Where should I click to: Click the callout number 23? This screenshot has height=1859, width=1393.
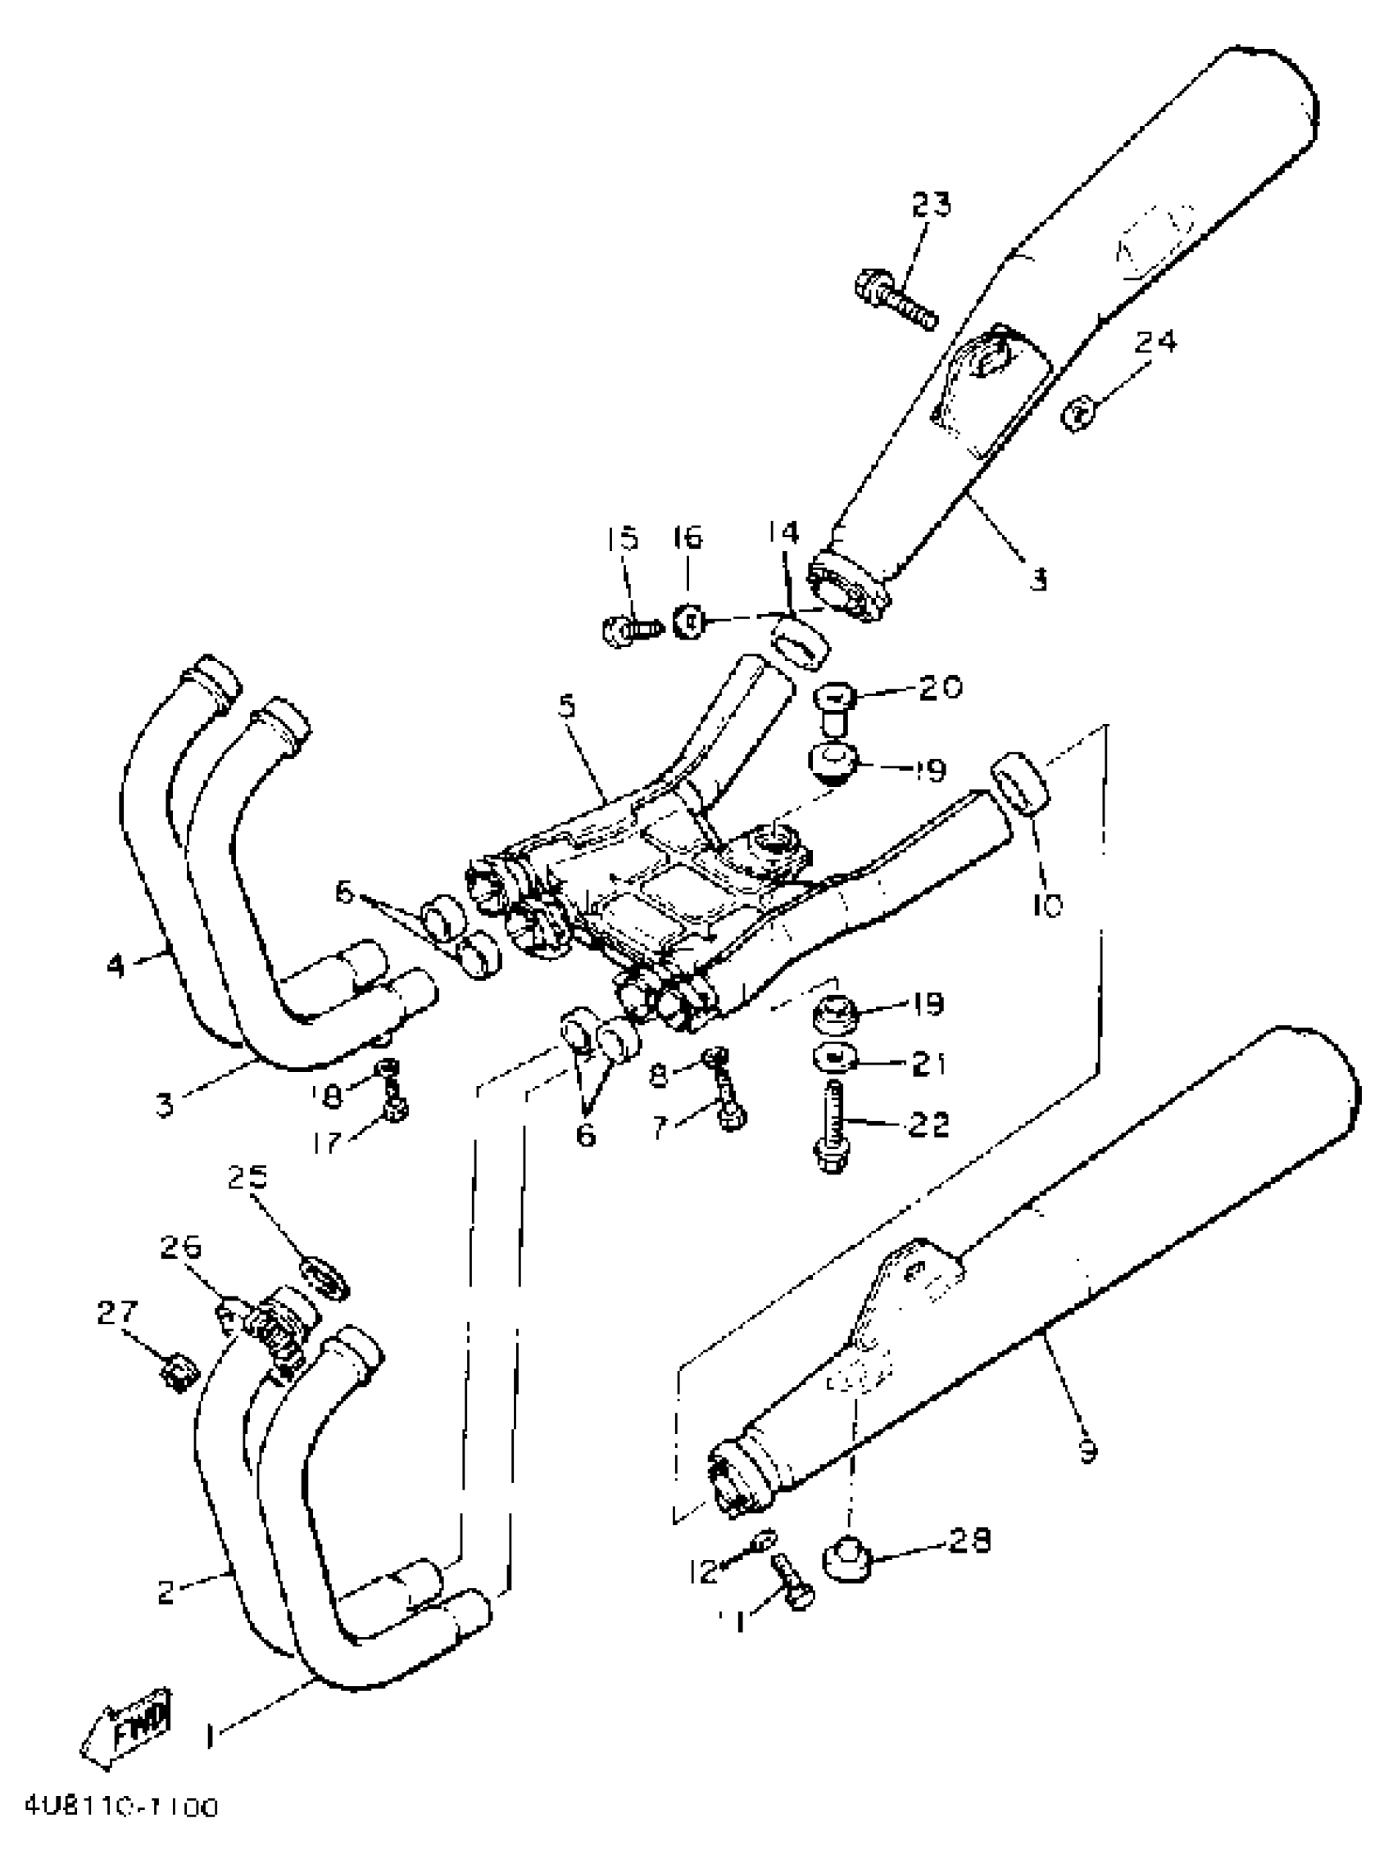tap(931, 204)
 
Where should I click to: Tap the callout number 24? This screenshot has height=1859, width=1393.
tap(1155, 342)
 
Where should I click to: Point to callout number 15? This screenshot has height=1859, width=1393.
tap(622, 539)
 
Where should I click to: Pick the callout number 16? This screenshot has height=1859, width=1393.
tap(687, 538)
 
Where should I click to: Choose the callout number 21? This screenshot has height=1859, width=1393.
tap(928, 1064)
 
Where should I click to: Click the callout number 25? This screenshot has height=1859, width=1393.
tap(247, 1178)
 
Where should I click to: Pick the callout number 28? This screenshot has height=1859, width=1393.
tap(970, 1540)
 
